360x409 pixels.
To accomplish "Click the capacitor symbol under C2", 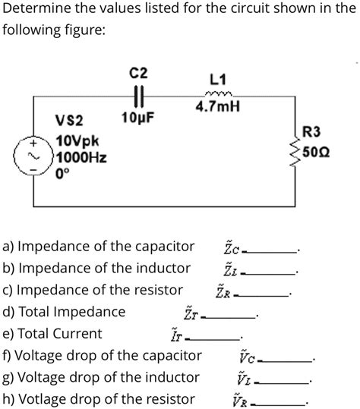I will click(139, 98).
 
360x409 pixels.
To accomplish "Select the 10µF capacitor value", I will click(138, 120).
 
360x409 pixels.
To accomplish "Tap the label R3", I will click(312, 132).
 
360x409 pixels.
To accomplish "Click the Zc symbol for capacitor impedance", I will click(230, 247).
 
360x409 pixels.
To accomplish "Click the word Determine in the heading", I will click(36, 9).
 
